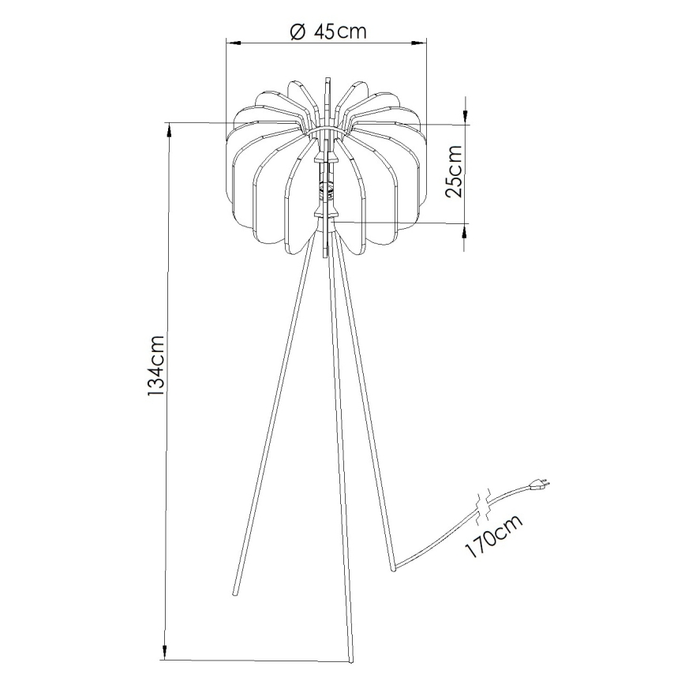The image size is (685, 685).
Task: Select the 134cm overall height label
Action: (x=155, y=365)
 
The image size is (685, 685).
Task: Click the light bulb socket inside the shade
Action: (x=325, y=188)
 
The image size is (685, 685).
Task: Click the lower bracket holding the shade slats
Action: (x=325, y=214)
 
